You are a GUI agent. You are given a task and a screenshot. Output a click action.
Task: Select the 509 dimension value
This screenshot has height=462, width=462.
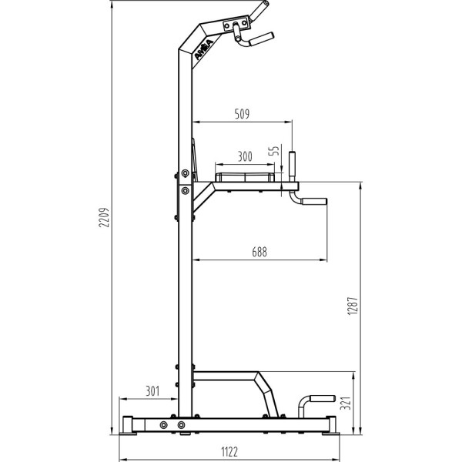242,114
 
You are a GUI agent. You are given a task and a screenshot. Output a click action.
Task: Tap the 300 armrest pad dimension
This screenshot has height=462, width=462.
244,156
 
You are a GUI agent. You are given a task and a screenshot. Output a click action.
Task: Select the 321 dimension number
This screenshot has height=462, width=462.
347,401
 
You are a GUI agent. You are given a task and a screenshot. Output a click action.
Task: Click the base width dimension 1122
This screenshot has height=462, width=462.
229,451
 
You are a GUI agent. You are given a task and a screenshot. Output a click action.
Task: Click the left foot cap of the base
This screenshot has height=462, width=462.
127,425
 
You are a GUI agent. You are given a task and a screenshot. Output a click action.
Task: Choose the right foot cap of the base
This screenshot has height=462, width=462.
331,425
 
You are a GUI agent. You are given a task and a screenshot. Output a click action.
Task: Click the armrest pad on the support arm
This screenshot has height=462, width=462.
244,177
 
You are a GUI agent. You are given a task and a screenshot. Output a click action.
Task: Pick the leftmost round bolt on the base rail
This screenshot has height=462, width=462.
163,424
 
